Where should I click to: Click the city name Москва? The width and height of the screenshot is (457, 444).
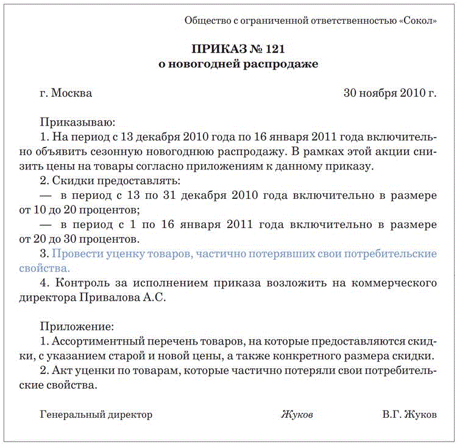click(x=72, y=93)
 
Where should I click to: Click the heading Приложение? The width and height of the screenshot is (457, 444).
click(x=76, y=326)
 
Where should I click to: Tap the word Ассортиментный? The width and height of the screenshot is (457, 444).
click(x=94, y=341)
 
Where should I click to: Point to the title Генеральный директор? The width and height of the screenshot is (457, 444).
click(x=96, y=415)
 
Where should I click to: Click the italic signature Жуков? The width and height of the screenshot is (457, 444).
click(x=297, y=415)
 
